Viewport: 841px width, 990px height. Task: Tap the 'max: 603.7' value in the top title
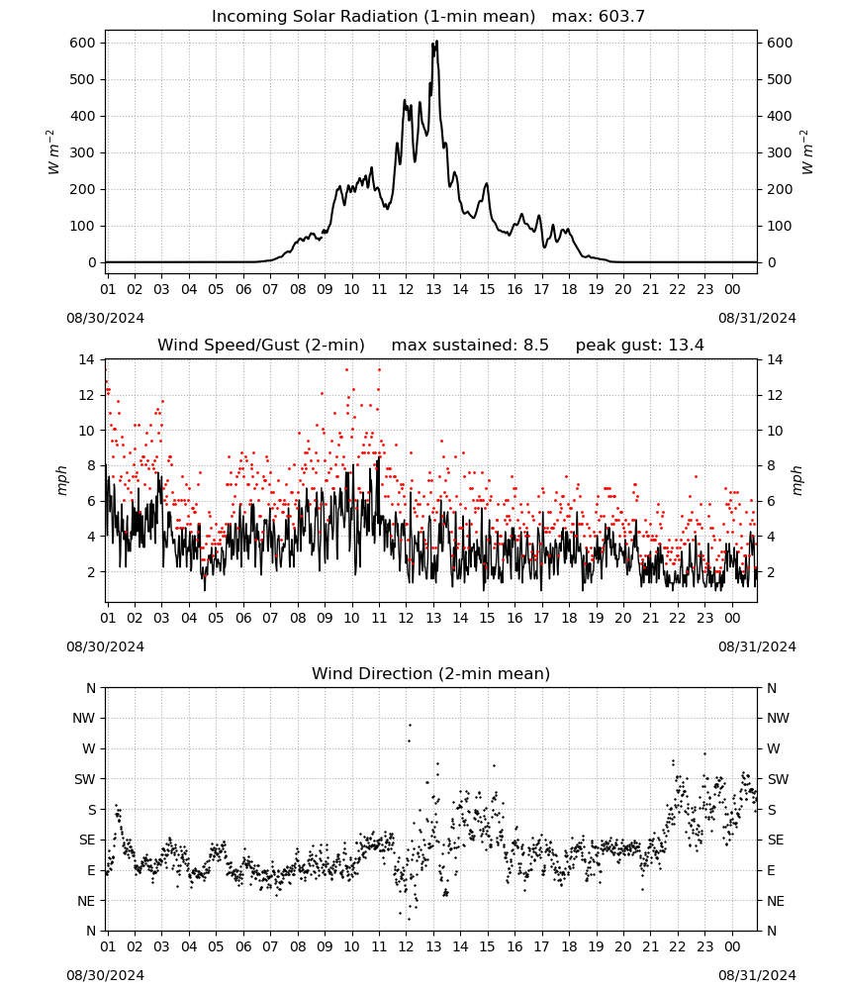point(599,17)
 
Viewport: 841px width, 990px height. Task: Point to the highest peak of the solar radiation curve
point(436,41)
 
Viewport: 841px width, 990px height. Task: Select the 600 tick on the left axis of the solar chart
point(83,43)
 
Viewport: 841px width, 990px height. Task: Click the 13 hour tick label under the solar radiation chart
point(432,289)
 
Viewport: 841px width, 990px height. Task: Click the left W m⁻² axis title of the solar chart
point(54,152)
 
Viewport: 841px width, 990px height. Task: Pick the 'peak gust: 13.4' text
point(640,346)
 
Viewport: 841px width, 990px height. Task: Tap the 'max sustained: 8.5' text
point(470,346)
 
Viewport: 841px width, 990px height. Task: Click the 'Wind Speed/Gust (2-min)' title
point(261,346)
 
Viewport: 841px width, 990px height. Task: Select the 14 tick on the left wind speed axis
point(86,360)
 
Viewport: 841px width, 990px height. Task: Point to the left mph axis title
point(61,480)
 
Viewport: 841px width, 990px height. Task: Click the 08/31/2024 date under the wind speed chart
point(757,646)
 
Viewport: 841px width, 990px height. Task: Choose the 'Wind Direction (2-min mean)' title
point(431,673)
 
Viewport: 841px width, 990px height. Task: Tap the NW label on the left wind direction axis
point(84,719)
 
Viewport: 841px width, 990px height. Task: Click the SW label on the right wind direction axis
point(779,779)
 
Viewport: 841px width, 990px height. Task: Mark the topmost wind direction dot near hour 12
point(410,725)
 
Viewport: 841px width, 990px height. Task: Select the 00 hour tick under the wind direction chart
point(732,946)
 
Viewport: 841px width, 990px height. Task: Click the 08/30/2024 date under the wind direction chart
point(105,975)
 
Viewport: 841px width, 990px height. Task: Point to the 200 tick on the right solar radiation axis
point(780,189)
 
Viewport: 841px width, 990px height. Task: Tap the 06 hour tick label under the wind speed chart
point(243,618)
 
